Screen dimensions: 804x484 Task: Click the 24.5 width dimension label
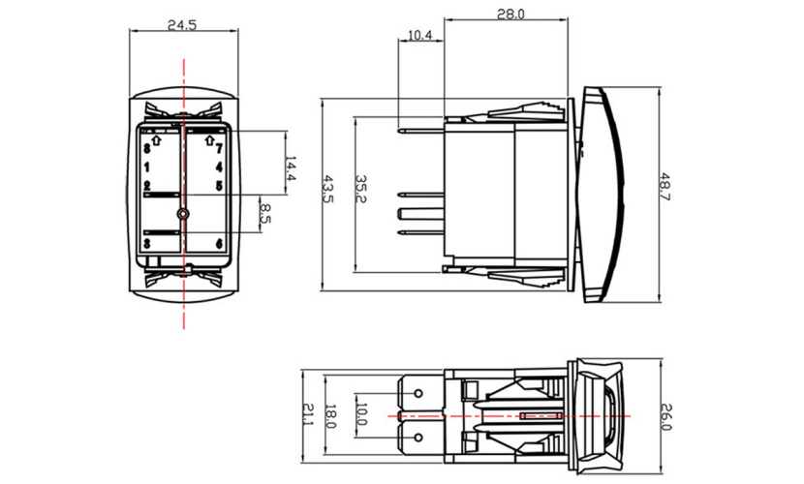(x=182, y=24)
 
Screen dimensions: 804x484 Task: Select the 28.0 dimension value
(x=510, y=14)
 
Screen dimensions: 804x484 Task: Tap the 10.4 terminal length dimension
(x=420, y=36)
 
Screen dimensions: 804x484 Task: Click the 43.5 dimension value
(x=327, y=189)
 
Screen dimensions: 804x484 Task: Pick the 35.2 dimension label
(x=360, y=189)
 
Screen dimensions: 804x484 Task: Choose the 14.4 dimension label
(x=291, y=169)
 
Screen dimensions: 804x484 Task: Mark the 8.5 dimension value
(x=265, y=214)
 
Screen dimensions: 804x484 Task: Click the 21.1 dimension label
(x=307, y=415)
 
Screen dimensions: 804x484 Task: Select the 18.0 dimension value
(x=330, y=417)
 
